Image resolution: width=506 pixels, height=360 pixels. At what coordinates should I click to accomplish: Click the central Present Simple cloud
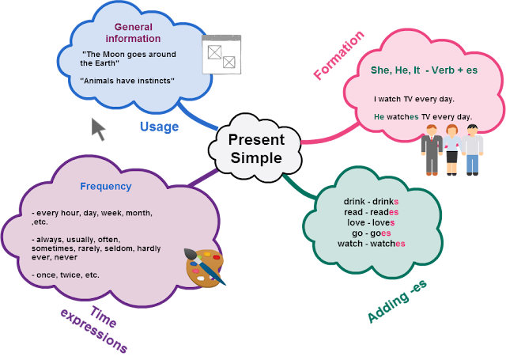click(x=255, y=148)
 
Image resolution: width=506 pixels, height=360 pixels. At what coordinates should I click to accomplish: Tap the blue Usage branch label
click(x=159, y=127)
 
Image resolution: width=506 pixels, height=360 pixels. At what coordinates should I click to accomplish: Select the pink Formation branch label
click(x=338, y=55)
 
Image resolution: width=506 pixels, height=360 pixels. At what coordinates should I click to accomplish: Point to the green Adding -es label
click(x=397, y=301)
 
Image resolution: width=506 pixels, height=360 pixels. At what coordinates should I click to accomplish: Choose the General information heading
click(x=133, y=32)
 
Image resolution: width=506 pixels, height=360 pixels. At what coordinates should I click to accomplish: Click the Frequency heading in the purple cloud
click(x=106, y=186)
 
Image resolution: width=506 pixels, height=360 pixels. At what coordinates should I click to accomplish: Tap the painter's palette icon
click(x=206, y=267)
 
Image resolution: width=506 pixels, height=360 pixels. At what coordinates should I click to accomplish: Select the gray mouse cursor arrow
click(x=98, y=129)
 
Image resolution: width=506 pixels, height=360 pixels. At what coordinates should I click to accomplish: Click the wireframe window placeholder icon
click(x=221, y=55)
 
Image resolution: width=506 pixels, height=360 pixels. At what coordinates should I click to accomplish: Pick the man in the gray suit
click(x=432, y=150)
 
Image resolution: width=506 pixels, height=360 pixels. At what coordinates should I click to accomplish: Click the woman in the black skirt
click(x=452, y=150)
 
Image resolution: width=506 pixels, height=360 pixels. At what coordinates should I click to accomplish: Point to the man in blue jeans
click(x=473, y=150)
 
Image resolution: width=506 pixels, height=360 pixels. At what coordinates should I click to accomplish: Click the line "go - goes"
click(x=372, y=233)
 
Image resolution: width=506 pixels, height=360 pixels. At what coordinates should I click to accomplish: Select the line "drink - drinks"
click(x=371, y=202)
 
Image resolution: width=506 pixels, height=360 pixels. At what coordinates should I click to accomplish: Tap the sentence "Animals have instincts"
click(x=127, y=81)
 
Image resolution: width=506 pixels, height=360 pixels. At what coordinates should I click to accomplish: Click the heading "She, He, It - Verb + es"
click(x=424, y=70)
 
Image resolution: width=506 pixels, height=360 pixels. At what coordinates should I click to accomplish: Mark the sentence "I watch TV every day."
click(x=414, y=99)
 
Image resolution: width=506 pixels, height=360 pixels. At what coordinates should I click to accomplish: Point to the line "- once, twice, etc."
click(x=66, y=275)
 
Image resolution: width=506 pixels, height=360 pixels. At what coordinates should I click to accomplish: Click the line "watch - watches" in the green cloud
click(x=372, y=244)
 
